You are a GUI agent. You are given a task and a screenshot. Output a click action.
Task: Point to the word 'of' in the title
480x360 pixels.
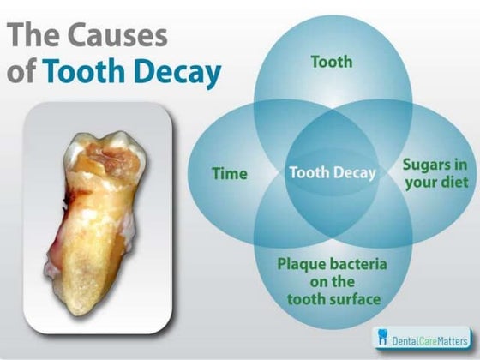(23, 71)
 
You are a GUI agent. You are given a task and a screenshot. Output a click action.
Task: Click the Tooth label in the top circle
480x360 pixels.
(331, 62)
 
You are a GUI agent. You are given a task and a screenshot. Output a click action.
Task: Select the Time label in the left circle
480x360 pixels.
(230, 173)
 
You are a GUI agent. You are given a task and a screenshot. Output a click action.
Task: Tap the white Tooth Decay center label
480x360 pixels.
(332, 172)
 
